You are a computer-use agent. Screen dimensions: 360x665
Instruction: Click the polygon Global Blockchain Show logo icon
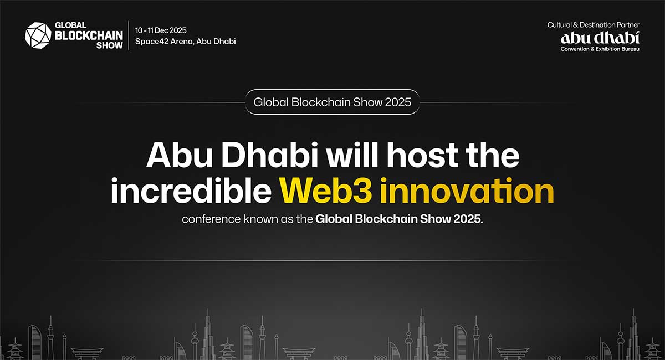(38, 35)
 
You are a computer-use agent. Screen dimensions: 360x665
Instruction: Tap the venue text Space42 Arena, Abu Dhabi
(185, 42)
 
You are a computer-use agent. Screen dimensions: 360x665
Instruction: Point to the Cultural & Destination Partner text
(593, 25)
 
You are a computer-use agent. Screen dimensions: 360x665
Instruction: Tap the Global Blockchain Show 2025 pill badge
(332, 102)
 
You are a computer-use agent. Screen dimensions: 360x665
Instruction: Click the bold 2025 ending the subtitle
(468, 219)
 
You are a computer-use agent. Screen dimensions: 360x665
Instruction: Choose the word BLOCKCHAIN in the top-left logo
(89, 35)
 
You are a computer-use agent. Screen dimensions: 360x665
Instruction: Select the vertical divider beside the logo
(129, 35)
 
